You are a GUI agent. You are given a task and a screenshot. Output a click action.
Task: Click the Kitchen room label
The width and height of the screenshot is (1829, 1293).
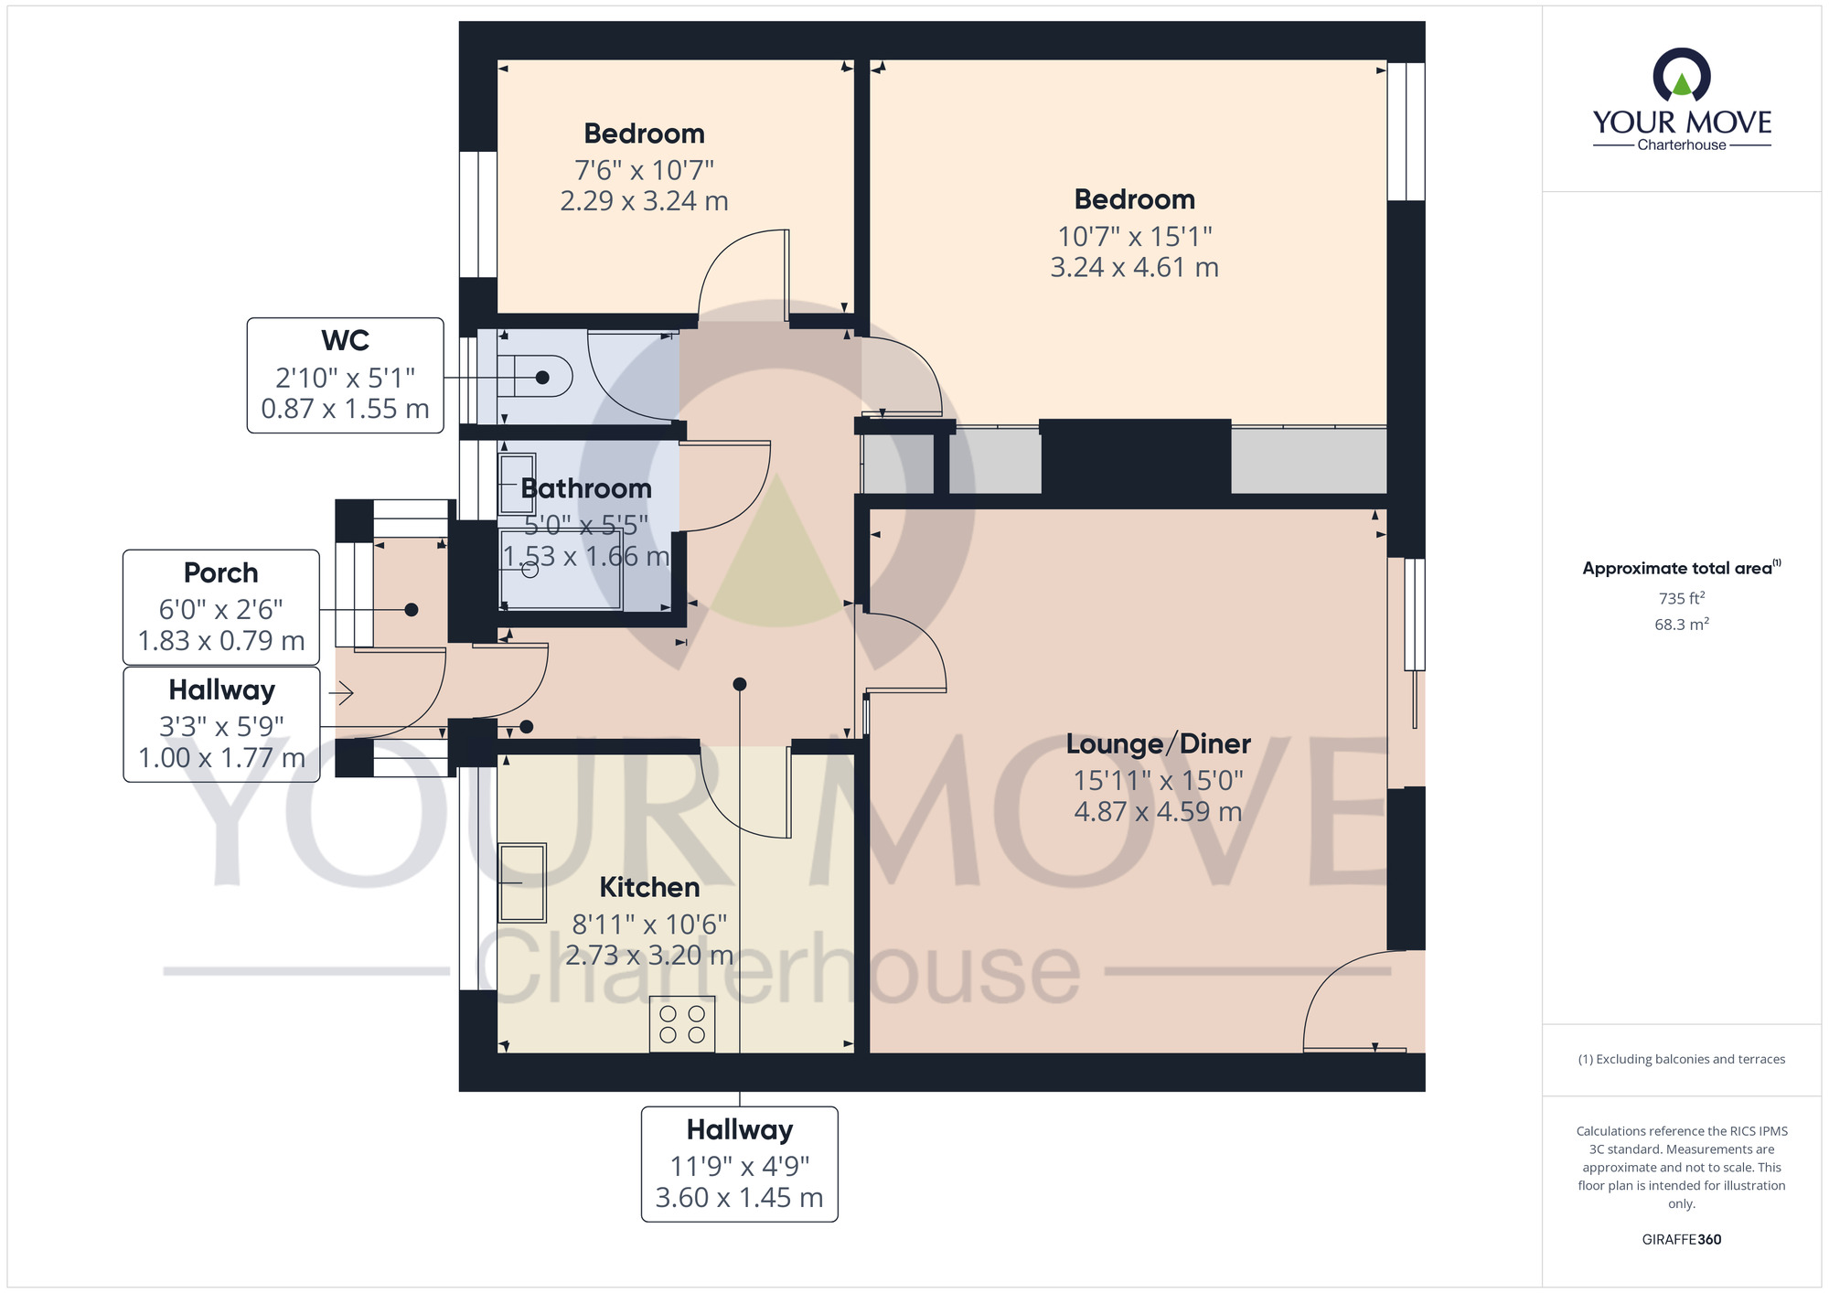(x=649, y=887)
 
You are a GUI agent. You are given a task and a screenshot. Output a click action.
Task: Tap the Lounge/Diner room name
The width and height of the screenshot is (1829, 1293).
(x=1158, y=743)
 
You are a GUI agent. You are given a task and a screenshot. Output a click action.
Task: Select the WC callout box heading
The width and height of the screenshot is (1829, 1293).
(x=345, y=340)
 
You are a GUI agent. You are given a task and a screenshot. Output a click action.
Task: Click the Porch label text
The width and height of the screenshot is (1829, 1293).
(x=221, y=573)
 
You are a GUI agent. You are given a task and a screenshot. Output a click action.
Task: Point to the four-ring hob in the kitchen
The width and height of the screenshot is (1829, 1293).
(x=682, y=1024)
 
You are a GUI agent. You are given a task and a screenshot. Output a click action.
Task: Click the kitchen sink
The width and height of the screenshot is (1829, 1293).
(x=522, y=882)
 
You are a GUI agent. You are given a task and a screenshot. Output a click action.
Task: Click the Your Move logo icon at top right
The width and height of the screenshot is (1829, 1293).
(x=1682, y=75)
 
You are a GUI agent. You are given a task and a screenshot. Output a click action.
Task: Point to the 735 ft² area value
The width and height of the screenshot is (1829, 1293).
(x=1682, y=598)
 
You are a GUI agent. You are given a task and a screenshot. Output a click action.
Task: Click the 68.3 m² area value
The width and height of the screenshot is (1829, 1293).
(x=1682, y=625)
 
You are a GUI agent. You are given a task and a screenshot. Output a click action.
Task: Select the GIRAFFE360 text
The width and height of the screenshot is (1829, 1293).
(x=1682, y=1240)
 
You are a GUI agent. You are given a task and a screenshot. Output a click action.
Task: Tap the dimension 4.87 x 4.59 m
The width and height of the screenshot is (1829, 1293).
(x=1158, y=812)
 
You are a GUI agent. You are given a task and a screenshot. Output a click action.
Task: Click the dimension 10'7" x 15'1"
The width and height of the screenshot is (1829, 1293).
(x=1135, y=237)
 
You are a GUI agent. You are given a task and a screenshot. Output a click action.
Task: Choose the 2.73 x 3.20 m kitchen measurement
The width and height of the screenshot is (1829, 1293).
(x=649, y=956)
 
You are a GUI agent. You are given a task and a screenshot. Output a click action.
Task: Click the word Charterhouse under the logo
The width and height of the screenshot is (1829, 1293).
(x=1682, y=144)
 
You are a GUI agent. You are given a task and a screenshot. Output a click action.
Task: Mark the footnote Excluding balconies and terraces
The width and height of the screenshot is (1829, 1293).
(x=1682, y=1059)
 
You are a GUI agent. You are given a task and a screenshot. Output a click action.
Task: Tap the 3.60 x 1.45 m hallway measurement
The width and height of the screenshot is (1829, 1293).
(x=740, y=1198)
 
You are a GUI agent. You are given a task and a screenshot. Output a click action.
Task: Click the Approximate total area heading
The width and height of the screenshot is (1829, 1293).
(x=1682, y=568)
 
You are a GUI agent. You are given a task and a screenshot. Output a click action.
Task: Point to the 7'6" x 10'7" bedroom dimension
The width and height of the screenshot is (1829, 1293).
(x=644, y=170)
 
